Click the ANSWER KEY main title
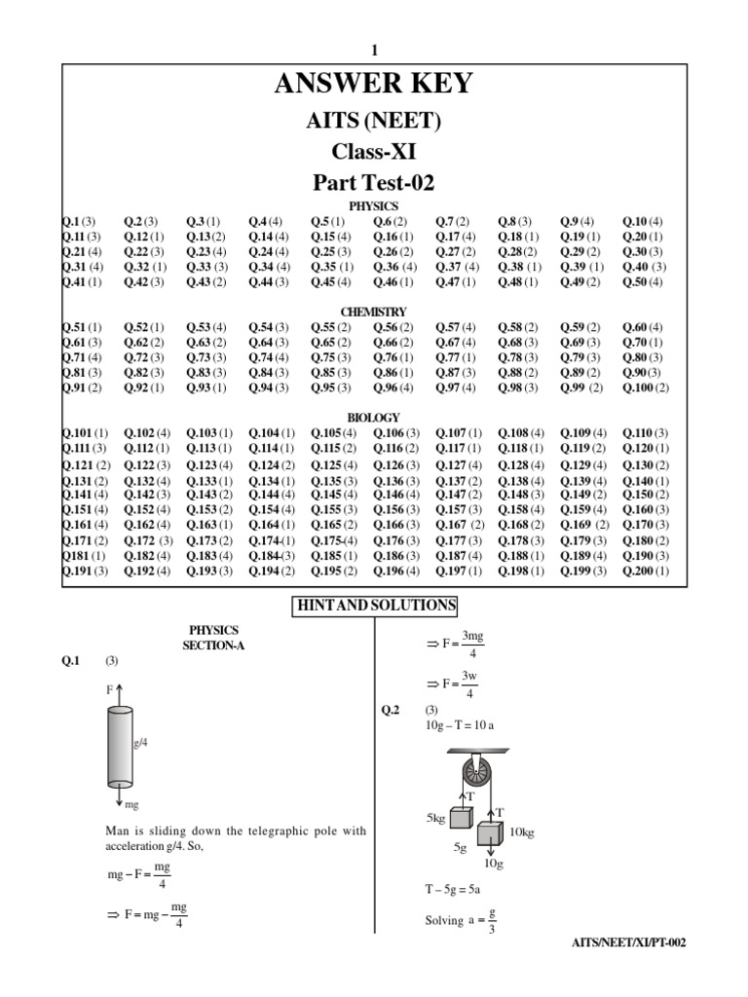pyautogui.click(x=374, y=85)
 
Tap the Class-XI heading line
pyautogui.click(x=374, y=151)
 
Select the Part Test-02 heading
pyautogui.click(x=374, y=182)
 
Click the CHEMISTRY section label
pyautogui.click(x=374, y=312)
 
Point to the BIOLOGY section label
pyautogui.click(x=374, y=418)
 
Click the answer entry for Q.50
pyautogui.click(x=643, y=282)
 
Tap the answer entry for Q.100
pyautogui.click(x=647, y=388)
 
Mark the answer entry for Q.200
pyautogui.click(x=647, y=572)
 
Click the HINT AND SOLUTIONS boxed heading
pyautogui.click(x=375, y=606)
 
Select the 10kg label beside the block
pyautogui.click(x=522, y=832)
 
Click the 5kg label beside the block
pyautogui.click(x=434, y=819)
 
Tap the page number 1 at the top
pyautogui.click(x=374, y=51)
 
